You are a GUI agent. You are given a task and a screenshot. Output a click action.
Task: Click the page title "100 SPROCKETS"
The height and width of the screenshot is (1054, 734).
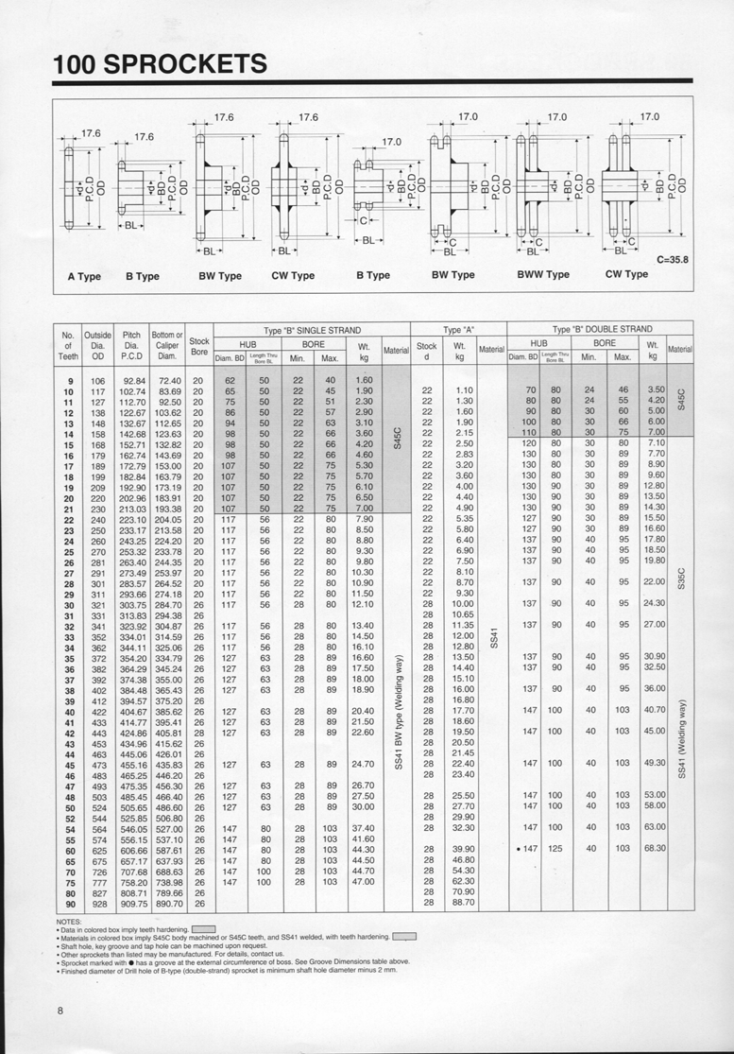click(161, 63)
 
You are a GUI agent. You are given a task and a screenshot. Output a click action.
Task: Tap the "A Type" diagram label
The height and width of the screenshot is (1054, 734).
click(84, 276)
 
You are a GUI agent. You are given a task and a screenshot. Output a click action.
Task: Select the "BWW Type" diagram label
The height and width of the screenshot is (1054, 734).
click(543, 274)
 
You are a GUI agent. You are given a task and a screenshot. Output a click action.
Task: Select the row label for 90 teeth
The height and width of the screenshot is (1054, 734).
click(68, 904)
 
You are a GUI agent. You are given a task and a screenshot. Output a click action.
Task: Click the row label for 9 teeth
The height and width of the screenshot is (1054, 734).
click(69, 379)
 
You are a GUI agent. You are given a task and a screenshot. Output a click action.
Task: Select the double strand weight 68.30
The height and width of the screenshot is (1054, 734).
click(654, 848)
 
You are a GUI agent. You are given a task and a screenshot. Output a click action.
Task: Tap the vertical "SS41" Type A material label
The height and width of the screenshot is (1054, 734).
click(493, 640)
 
